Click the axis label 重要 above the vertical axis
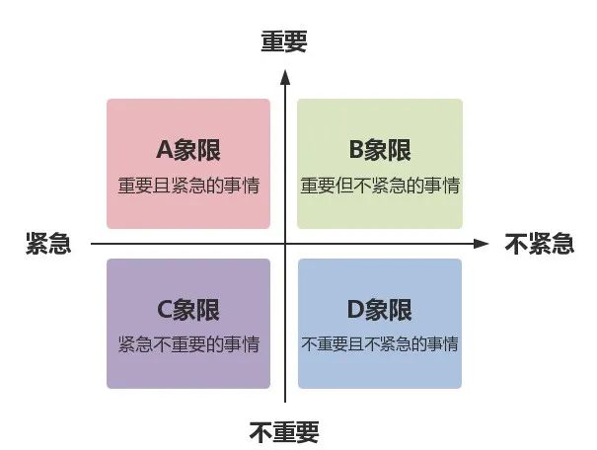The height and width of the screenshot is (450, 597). pyautogui.click(x=284, y=41)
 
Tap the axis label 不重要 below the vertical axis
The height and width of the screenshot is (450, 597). pyautogui.click(x=284, y=432)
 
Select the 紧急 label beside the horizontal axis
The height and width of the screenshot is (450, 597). pyautogui.click(x=48, y=244)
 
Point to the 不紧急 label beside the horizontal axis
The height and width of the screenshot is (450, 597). pyautogui.click(x=539, y=244)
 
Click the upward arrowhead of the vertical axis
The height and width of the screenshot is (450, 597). pyautogui.click(x=285, y=77)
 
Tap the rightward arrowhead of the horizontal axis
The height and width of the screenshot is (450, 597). pyautogui.click(x=481, y=244)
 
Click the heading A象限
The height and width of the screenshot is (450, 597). pyautogui.click(x=188, y=150)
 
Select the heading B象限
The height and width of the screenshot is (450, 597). pyautogui.click(x=380, y=150)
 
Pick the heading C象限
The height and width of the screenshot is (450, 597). pyautogui.click(x=188, y=310)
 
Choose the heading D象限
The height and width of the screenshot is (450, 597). pyautogui.click(x=380, y=310)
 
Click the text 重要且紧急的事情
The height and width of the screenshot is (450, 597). pyautogui.click(x=188, y=186)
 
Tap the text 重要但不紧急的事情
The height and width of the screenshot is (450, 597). pyautogui.click(x=380, y=186)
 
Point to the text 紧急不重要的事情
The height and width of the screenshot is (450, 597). pyautogui.click(x=188, y=344)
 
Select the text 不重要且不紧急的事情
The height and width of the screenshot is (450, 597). pyautogui.click(x=380, y=344)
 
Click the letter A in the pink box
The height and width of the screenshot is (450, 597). pyautogui.click(x=165, y=150)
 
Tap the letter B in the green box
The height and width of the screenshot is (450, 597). pyautogui.click(x=356, y=150)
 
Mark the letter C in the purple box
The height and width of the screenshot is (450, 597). pyautogui.click(x=165, y=310)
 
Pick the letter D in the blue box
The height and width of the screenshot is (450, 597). pyautogui.click(x=355, y=310)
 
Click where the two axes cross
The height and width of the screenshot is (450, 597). pyautogui.click(x=285, y=244)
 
